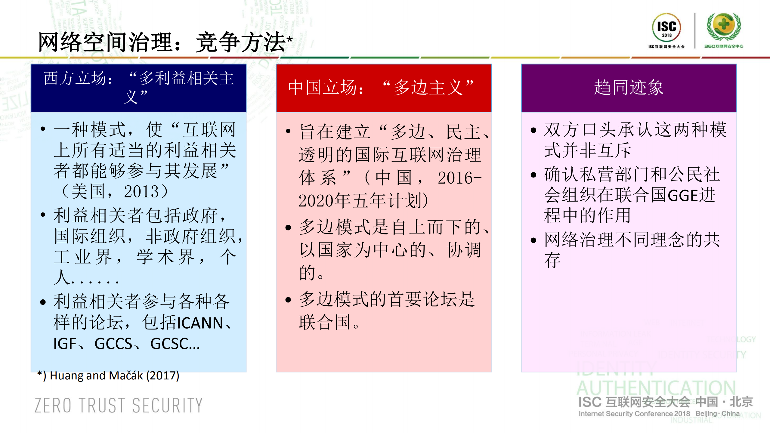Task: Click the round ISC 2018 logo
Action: click(x=666, y=27)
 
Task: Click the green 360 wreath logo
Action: click(x=724, y=26)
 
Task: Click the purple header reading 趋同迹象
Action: click(x=629, y=88)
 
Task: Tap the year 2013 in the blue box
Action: click(x=141, y=192)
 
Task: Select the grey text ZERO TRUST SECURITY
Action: click(x=119, y=405)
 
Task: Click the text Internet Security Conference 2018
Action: click(x=634, y=414)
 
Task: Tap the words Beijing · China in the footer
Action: click(x=718, y=414)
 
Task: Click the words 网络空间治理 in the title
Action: click(x=105, y=42)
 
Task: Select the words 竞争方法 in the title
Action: click(x=240, y=42)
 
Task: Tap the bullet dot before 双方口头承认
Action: click(x=533, y=130)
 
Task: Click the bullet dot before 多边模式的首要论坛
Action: click(x=288, y=300)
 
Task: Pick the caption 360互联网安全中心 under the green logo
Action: click(x=723, y=46)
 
